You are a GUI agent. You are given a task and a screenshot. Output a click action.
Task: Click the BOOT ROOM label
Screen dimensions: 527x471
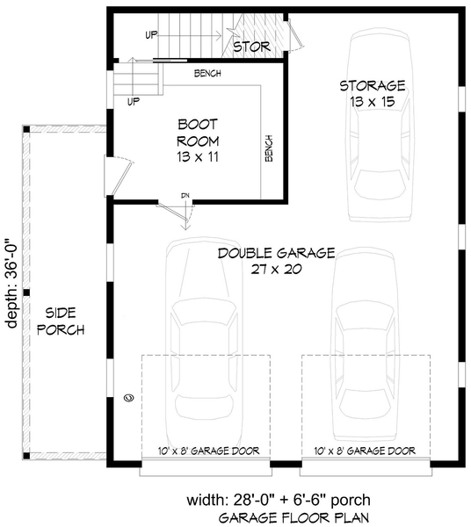[x=198, y=133]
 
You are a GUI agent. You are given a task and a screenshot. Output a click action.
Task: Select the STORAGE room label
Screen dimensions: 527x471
[x=373, y=86]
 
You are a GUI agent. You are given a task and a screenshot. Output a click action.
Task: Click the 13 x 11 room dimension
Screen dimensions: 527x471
[x=198, y=156]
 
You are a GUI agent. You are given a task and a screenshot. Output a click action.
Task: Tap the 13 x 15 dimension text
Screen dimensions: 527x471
[x=373, y=102]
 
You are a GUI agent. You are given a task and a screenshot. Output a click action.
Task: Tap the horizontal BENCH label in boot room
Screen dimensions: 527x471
[x=207, y=73]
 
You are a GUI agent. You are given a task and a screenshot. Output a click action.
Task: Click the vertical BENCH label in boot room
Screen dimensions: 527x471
[x=269, y=148]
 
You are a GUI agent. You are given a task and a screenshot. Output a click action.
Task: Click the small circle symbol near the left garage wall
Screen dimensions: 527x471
[x=129, y=398]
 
